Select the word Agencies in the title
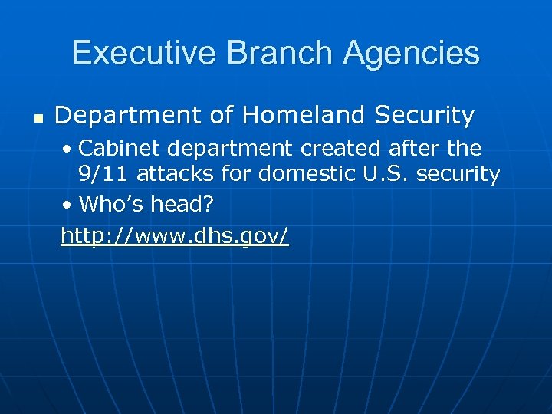(412, 54)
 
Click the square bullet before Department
(36, 118)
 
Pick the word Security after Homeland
(425, 116)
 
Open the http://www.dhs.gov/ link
(175, 236)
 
